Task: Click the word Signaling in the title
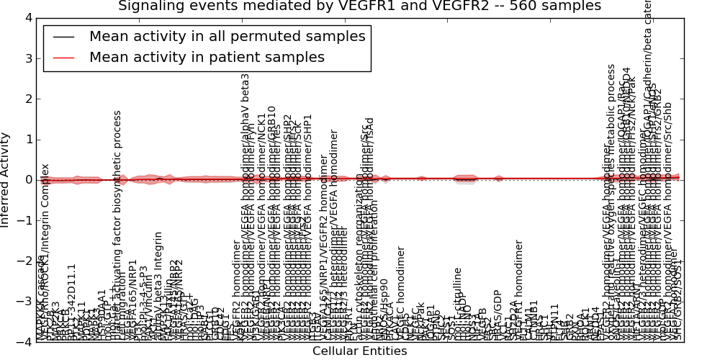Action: coord(148,6)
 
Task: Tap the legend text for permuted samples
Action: coord(228,36)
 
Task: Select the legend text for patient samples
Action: coord(207,57)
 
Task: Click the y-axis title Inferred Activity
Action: coord(6,180)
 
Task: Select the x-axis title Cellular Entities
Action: coord(359,351)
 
